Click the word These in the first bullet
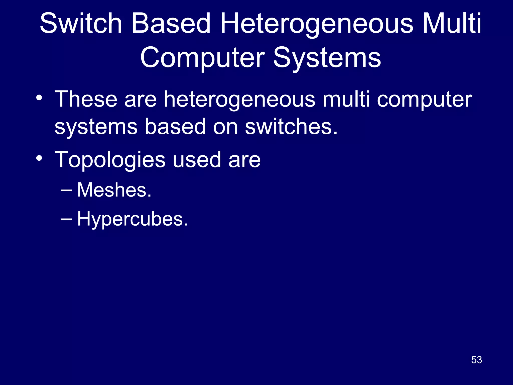tap(86, 99)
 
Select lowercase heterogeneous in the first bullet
tap(239, 100)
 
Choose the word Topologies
tap(110, 160)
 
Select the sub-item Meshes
tap(114, 190)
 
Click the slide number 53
tap(476, 360)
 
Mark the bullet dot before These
tap(39, 98)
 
